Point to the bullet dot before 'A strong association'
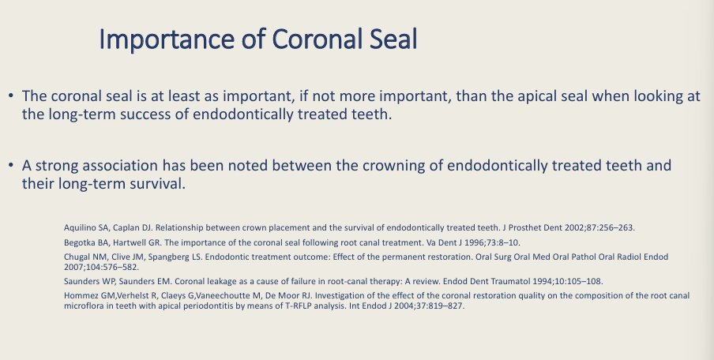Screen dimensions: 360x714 (11, 167)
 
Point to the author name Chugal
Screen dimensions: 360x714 (77, 257)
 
